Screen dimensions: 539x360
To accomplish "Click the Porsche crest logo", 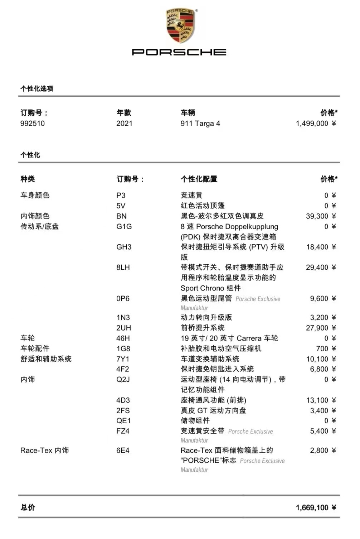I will (180, 26).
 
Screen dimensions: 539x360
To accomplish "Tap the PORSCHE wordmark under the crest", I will (179, 52).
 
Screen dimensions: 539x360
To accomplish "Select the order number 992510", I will (33, 124).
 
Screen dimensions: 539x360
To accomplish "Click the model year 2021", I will (124, 124).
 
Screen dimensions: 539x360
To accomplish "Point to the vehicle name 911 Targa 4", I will (200, 124).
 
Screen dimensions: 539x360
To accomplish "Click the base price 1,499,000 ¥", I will (316, 124).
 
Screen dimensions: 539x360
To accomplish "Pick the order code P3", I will (121, 196).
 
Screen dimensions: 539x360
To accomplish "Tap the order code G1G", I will (124, 227).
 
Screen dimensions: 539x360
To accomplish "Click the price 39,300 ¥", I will (321, 216).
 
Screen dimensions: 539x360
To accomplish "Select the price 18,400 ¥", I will (321, 247).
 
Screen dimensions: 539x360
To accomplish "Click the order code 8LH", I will (123, 268).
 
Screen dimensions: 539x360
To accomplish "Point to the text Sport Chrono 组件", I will (210, 288).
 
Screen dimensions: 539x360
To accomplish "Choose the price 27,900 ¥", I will (321, 328).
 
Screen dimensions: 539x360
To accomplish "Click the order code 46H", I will (123, 338).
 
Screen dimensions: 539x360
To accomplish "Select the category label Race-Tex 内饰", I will (44, 451).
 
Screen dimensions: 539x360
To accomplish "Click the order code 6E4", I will (123, 451).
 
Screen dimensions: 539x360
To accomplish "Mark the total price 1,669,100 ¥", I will (316, 508).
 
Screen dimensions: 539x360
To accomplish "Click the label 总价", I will (28, 507).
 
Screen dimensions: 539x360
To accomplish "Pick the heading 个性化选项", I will (37, 89).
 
